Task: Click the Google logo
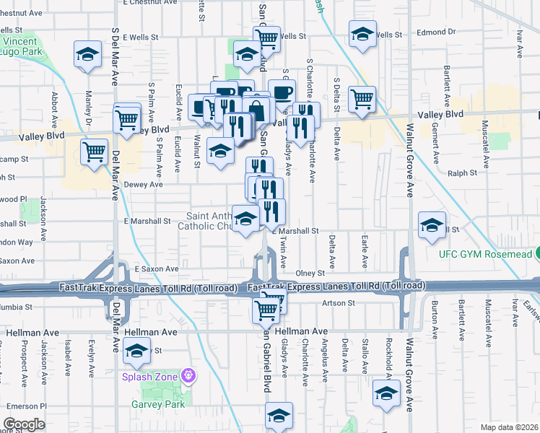(24, 424)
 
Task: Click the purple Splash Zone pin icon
(189, 376)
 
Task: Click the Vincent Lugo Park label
(24, 46)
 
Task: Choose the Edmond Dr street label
(436, 32)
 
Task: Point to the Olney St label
(311, 274)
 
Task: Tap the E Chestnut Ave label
(150, 2)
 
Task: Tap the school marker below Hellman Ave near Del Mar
(135, 353)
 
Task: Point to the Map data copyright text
(509, 427)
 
